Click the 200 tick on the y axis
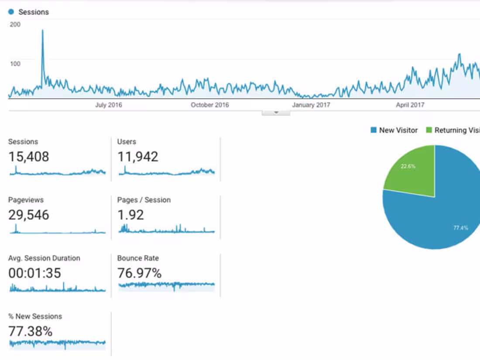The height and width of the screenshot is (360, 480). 15,24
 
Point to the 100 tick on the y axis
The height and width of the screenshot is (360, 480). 15,64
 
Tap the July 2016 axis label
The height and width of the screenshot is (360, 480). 109,105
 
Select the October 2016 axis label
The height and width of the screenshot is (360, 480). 209,105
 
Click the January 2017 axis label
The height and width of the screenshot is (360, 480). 311,105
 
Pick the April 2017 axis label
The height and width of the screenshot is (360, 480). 410,105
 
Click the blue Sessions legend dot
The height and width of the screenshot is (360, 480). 11,12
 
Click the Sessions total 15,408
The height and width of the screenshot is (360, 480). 29,157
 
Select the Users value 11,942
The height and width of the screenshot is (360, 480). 137,157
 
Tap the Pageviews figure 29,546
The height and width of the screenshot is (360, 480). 29,215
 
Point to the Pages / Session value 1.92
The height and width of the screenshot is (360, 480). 130,215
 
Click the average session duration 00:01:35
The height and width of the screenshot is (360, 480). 34,274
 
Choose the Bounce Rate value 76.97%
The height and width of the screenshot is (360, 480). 139,274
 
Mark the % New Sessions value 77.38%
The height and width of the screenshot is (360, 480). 31,332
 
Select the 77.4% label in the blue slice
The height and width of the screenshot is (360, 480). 460,228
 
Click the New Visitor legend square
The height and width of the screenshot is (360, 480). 374,130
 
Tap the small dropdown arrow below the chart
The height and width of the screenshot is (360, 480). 276,113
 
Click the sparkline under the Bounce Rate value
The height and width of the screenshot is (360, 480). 166,285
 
